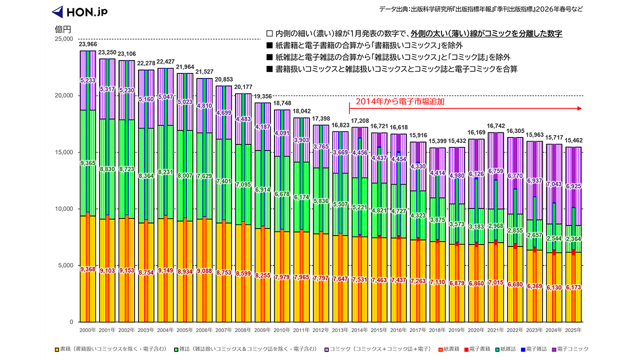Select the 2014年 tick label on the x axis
pyautogui.click(x=360, y=330)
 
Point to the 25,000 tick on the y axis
pyautogui.click(x=63, y=39)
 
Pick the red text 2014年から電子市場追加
pyautogui.click(x=400, y=101)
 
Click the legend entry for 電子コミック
pyautogui.click(x=569, y=348)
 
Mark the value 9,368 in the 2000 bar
pyautogui.click(x=87, y=269)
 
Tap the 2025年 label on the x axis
pyautogui.click(x=573, y=330)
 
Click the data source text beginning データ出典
pyautogui.click(x=480, y=9)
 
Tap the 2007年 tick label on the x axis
pyautogui.click(x=223, y=330)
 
